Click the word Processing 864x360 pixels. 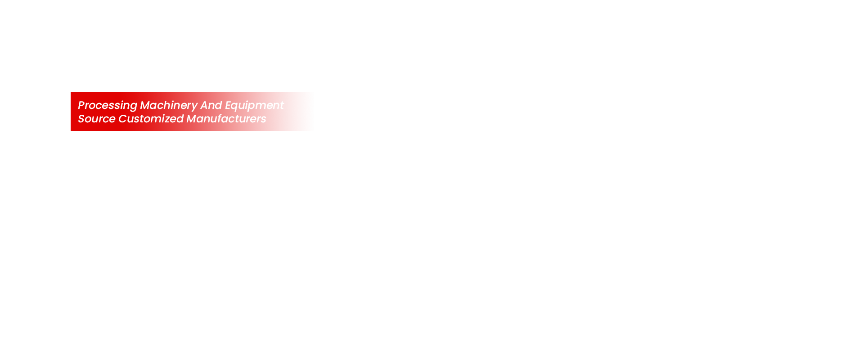click(x=108, y=105)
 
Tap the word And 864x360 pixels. click(x=211, y=105)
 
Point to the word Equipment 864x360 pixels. click(x=255, y=105)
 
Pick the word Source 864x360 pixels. click(x=97, y=118)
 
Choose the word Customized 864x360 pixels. click(x=151, y=118)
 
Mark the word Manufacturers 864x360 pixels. click(x=226, y=118)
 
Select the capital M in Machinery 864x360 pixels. click(x=145, y=105)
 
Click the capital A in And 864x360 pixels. click(x=205, y=105)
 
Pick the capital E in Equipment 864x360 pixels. click(x=229, y=105)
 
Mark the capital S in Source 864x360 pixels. click(x=82, y=118)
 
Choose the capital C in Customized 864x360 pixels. click(x=123, y=118)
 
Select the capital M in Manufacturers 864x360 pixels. click(x=192, y=118)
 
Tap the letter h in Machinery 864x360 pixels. click(x=171, y=105)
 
